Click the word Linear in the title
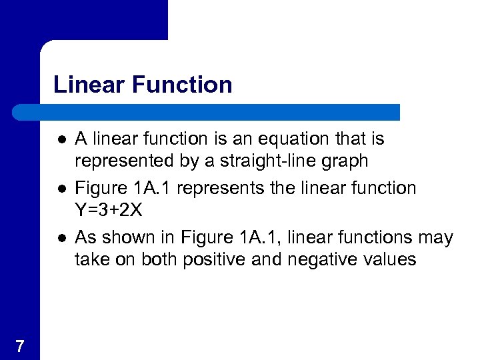click(89, 85)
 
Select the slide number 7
click(20, 346)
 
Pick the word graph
click(344, 161)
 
